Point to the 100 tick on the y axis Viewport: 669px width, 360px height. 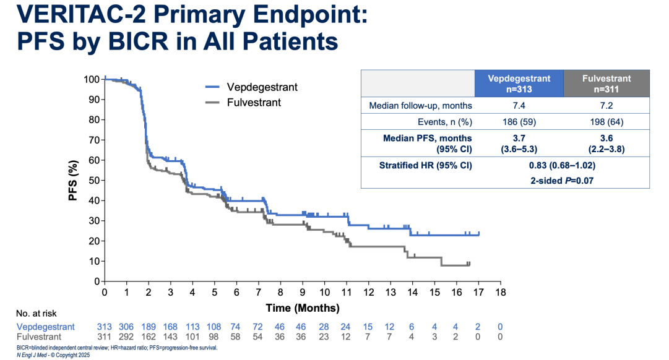coord(92,79)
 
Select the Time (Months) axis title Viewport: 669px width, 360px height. coord(303,307)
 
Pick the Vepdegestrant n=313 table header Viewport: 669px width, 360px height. coord(519,84)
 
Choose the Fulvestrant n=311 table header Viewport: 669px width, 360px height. coord(606,84)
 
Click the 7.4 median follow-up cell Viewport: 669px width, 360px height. coord(519,106)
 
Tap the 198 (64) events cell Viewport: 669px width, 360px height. coord(606,122)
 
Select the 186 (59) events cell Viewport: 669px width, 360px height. coord(519,122)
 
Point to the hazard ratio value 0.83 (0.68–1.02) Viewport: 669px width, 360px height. coord(562,166)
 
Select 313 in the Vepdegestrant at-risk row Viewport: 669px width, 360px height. coord(105,327)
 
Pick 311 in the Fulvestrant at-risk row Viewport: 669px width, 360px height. coord(105,337)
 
